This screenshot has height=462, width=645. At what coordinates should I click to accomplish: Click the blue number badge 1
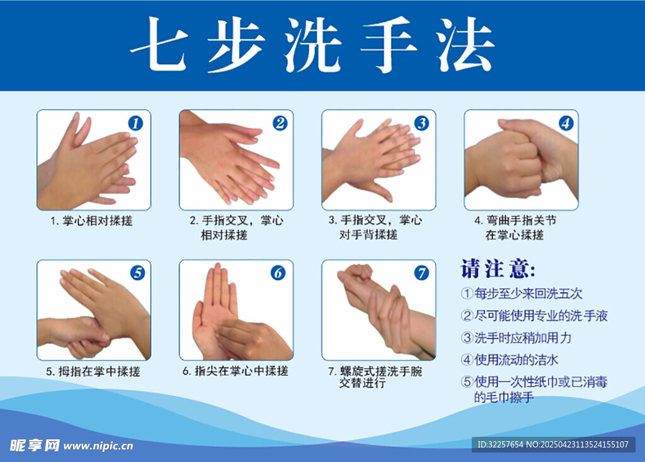pyautogui.click(x=135, y=123)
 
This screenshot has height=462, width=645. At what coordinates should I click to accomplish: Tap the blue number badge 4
pyautogui.click(x=566, y=123)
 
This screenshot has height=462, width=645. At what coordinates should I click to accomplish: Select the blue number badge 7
pyautogui.click(x=421, y=273)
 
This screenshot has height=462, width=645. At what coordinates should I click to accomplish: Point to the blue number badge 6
pyautogui.click(x=278, y=273)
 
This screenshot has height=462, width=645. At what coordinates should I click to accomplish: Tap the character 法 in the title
pyautogui.click(x=465, y=45)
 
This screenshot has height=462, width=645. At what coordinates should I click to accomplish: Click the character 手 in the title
pyautogui.click(x=388, y=45)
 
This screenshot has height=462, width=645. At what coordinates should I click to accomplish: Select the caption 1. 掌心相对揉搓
pyautogui.click(x=91, y=221)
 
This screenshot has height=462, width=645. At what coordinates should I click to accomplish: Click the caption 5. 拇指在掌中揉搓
pyautogui.click(x=93, y=371)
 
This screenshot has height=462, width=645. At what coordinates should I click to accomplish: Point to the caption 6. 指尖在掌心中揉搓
pyautogui.click(x=236, y=371)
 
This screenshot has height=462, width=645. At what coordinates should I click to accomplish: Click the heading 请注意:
pyautogui.click(x=498, y=269)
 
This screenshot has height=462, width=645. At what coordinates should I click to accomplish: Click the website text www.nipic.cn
pyautogui.click(x=98, y=446)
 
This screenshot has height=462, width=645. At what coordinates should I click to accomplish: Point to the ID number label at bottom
pyautogui.click(x=553, y=445)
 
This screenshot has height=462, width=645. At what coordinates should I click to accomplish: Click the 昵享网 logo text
pyautogui.click(x=35, y=445)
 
